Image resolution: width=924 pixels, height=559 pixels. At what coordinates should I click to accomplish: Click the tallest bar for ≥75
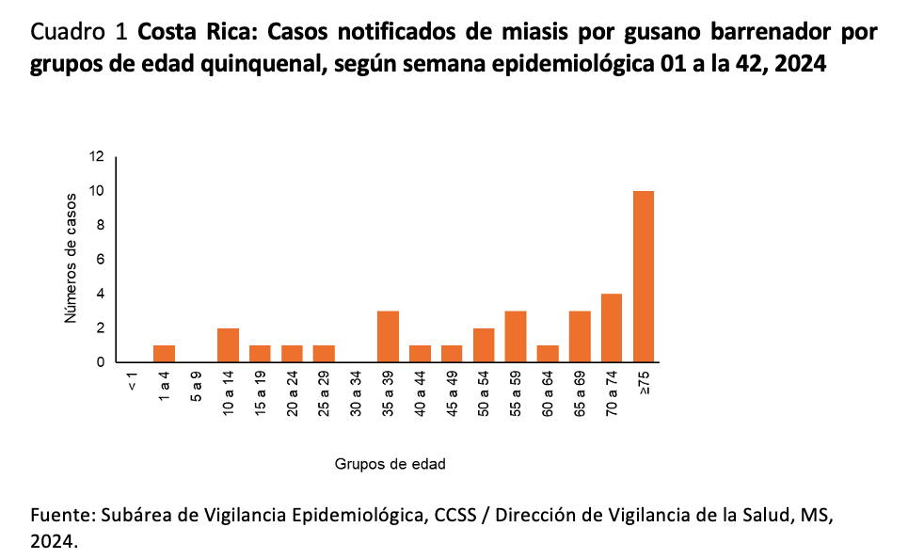coord(644,277)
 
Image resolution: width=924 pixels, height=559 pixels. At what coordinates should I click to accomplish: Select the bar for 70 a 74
coord(612,327)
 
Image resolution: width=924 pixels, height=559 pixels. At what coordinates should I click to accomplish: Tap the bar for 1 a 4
coord(164,354)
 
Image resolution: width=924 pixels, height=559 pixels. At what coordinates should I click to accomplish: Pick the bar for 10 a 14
coord(228,345)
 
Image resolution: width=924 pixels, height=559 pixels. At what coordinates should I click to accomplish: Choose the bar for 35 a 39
coord(388,336)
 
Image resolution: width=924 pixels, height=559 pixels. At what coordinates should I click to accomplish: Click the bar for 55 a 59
coord(516,336)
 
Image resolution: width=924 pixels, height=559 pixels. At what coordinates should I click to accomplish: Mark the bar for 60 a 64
coord(548,354)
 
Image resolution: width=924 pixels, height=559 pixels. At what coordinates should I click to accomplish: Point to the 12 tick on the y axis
coord(97,157)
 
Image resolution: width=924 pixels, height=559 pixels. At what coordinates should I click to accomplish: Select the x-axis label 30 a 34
coord(356,392)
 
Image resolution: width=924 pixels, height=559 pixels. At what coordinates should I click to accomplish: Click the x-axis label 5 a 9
coord(196,389)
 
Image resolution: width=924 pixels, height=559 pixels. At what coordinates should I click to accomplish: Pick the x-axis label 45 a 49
coord(452,392)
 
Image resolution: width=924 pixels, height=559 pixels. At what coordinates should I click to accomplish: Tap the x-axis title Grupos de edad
coord(390,464)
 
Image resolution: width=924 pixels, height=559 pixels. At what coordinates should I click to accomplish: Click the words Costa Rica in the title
coord(194,32)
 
